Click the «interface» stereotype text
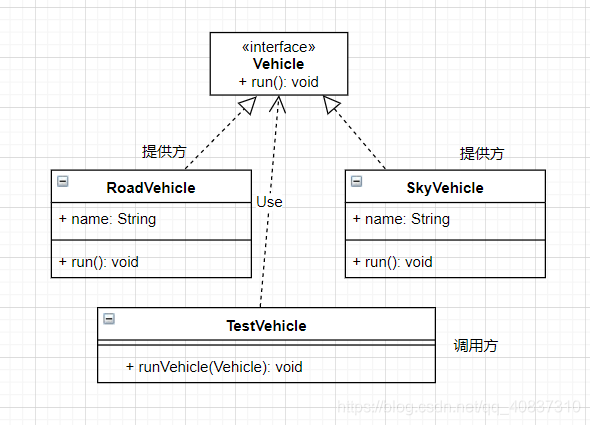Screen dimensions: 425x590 coord(278,46)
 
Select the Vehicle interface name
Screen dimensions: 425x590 coord(278,64)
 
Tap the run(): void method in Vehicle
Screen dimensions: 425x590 coord(278,82)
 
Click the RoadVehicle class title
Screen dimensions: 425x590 coord(151,187)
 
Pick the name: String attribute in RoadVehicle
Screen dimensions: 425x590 coord(107,219)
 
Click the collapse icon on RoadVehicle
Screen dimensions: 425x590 coord(63,181)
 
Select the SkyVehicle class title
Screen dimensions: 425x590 coord(445,187)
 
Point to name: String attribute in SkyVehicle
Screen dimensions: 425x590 coord(401,219)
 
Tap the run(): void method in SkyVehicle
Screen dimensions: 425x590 coord(392,262)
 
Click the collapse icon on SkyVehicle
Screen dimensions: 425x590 coord(357,181)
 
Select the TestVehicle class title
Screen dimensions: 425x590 coord(266,325)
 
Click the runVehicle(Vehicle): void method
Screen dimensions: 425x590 coord(214,367)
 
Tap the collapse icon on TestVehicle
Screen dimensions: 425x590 coord(109,319)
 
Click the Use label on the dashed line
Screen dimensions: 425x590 coord(269,202)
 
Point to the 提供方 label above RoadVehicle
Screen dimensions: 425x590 coord(164,152)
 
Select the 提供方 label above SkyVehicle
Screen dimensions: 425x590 coord(482,153)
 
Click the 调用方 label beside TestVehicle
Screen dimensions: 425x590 coord(476,345)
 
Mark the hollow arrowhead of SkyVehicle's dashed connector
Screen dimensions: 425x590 coord(333,105)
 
